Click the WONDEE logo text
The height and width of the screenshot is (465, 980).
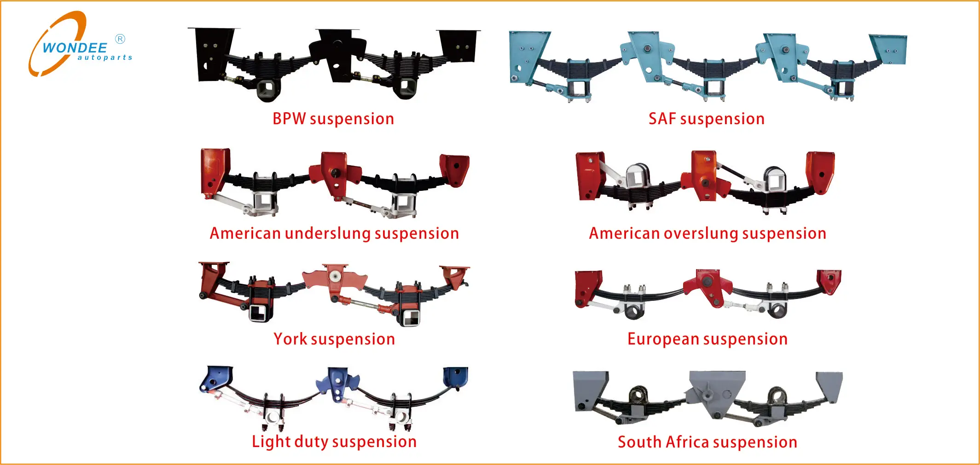75,47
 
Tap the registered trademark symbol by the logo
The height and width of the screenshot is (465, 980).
120,39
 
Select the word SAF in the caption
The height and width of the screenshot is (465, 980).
662,119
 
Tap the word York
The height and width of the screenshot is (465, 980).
290,339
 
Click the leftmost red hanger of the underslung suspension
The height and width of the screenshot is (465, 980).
215,170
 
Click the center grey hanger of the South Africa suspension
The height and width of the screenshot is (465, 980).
716,391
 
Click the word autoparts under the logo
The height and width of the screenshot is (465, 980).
105,57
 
